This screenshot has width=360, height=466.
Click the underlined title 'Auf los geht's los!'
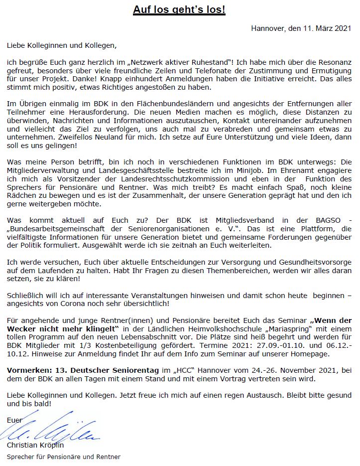click(179, 10)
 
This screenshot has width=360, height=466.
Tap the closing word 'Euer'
click(14, 420)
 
